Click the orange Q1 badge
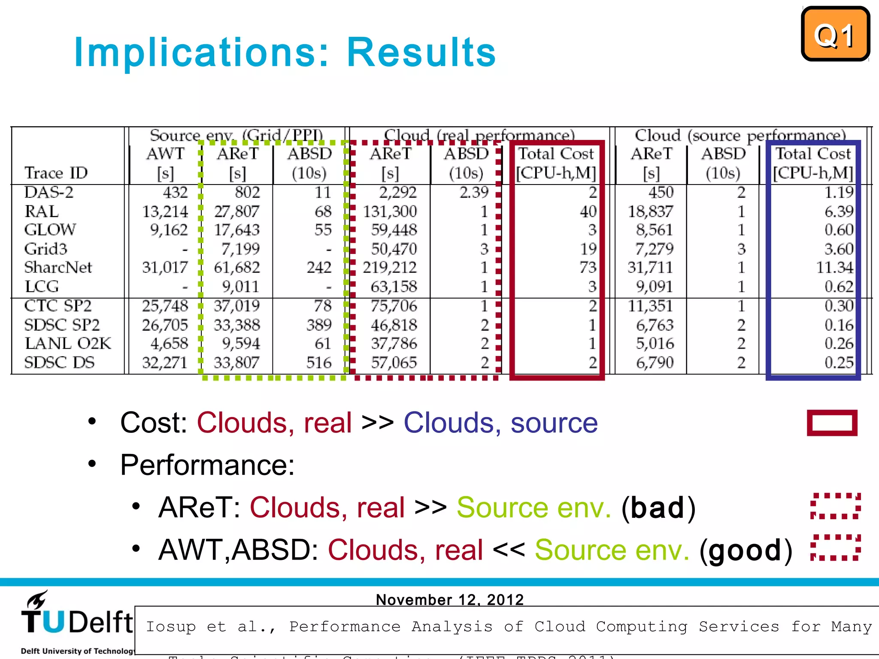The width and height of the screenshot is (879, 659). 835,34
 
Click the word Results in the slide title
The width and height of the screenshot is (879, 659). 421,52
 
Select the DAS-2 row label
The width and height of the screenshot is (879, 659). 48,192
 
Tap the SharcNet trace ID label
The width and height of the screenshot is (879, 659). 58,267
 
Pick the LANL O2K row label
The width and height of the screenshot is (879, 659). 67,343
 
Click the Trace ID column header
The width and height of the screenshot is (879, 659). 56,173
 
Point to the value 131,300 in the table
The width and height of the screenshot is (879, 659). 390,211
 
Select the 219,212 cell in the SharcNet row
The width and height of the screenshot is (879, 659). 389,267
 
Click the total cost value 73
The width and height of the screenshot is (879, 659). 588,267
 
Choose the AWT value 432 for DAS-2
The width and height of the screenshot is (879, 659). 175,192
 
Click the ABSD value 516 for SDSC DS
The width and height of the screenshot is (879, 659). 318,363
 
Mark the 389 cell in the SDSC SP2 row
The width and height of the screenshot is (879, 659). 318,325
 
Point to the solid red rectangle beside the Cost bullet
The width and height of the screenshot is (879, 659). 832,423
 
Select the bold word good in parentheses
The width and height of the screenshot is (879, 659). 745,550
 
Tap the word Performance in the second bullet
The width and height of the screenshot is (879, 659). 207,465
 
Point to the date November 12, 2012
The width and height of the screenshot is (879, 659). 449,599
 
